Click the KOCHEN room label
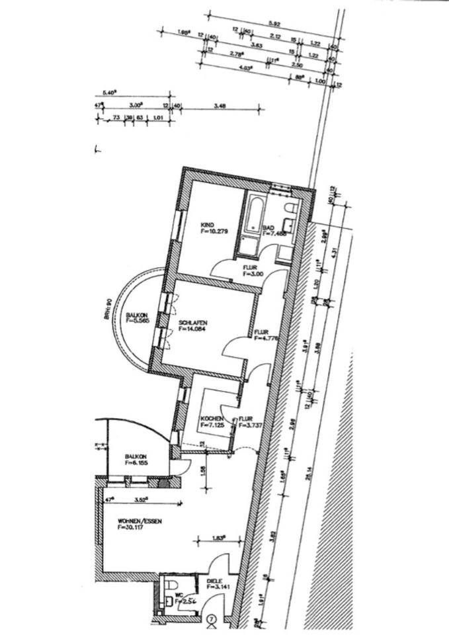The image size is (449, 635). [x=211, y=419]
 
